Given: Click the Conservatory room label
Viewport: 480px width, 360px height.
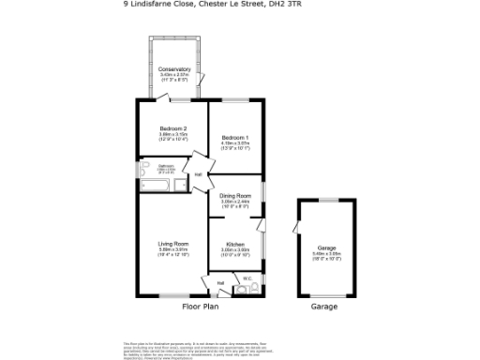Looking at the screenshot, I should pyautogui.click(x=174, y=69).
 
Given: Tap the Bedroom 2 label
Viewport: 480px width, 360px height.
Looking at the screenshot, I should pyautogui.click(x=173, y=128).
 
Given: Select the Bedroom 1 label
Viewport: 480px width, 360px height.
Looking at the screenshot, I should pyautogui.click(x=234, y=138).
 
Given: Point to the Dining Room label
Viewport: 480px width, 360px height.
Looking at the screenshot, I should pyautogui.click(x=234, y=195).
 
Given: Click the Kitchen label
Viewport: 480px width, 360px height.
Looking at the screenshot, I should pyautogui.click(x=234, y=244).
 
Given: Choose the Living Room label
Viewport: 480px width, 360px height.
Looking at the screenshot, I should pyautogui.click(x=173, y=244).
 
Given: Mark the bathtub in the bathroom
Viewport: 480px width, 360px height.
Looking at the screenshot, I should pyautogui.click(x=156, y=185).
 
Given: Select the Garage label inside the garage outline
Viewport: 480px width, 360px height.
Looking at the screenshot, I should pyautogui.click(x=324, y=248).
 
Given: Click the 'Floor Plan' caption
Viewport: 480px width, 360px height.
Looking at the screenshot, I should pyautogui.click(x=200, y=307).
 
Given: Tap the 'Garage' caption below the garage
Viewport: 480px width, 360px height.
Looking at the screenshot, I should pyautogui.click(x=323, y=307).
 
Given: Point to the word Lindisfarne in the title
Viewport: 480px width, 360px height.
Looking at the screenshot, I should pyautogui.click(x=158, y=4).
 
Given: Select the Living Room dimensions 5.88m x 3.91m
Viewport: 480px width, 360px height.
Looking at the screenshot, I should pyautogui.click(x=173, y=249).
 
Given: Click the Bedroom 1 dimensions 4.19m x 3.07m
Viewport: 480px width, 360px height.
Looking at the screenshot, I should pyautogui.click(x=234, y=143).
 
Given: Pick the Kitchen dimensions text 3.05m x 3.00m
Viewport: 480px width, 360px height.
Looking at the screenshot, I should pyautogui.click(x=234, y=249).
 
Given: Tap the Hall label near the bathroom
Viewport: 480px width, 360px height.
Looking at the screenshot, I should pyautogui.click(x=198, y=175).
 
